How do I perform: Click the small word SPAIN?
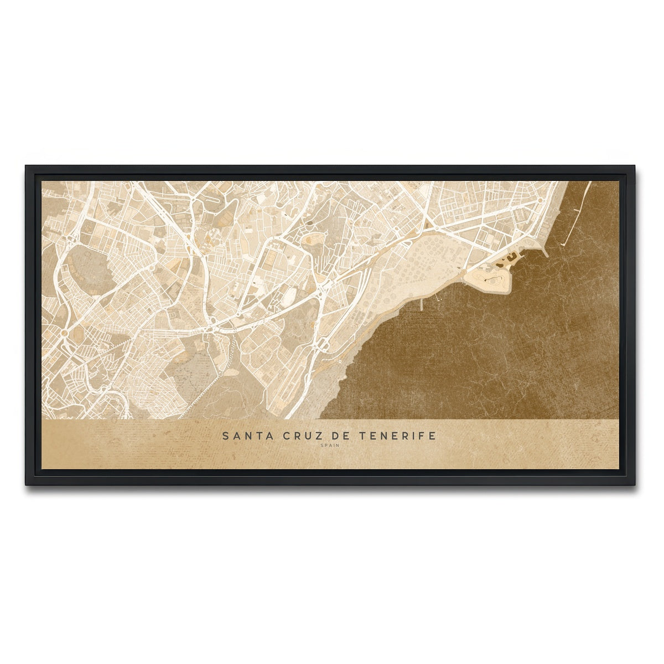(329, 446)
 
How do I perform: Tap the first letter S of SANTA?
(225, 436)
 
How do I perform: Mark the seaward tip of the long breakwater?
(563, 244)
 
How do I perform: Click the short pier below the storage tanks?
(422, 304)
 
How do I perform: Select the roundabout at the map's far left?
(64, 333)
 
